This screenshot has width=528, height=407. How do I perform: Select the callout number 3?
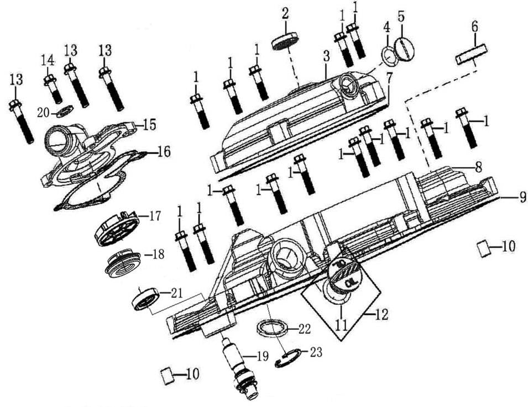(326, 56)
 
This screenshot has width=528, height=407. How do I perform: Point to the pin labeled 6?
(471, 56)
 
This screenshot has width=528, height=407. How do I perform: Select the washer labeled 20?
(65, 113)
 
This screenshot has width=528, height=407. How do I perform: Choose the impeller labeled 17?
(117, 228)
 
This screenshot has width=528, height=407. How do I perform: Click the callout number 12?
(382, 315)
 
